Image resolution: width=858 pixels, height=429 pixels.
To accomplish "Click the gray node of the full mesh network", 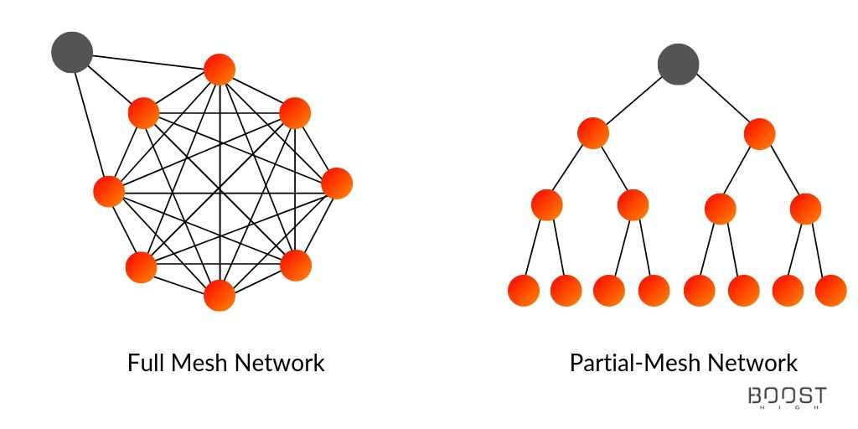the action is (72, 52).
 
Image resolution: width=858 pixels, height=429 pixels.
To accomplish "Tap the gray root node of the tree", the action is (678, 64).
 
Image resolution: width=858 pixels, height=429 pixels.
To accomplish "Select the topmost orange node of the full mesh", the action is (220, 70).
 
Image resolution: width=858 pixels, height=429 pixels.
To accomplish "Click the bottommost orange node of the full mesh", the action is (220, 296).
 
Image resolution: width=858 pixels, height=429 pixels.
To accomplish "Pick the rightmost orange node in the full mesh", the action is (337, 183).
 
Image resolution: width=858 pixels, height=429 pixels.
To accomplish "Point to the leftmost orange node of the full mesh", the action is (109, 192).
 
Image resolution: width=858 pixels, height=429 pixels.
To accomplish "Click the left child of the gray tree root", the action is (593, 133).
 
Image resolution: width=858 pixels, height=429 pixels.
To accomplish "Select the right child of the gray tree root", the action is (759, 134).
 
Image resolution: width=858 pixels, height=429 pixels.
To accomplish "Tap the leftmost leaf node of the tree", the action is (524, 291).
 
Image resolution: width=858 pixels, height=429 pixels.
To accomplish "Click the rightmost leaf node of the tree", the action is (830, 291).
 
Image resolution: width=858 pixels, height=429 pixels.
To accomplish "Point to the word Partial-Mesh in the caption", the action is (635, 363).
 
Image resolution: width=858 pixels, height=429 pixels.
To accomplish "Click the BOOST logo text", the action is (788, 395).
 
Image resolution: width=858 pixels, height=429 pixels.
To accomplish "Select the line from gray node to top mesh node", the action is (147, 62).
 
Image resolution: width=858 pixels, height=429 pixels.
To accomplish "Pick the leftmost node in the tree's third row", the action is (546, 205).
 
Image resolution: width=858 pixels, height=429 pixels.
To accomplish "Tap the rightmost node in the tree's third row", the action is (805, 209).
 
